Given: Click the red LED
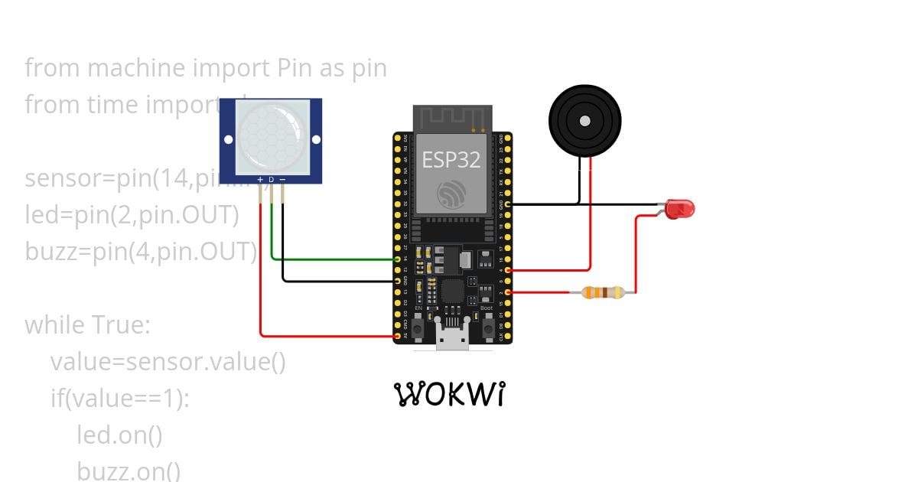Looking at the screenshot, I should tap(679, 208).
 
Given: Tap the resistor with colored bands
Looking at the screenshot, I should tap(603, 292).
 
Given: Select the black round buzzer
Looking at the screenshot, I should tap(584, 121).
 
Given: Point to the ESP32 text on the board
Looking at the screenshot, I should tap(451, 160).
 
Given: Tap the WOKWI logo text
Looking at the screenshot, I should tap(451, 394).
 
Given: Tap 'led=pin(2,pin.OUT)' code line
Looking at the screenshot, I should tap(132, 215).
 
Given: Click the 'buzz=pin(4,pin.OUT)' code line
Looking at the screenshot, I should tap(141, 251).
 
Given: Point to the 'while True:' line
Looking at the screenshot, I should tap(87, 324).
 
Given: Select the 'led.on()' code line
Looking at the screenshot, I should tap(119, 435).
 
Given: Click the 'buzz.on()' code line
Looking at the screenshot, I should tap(129, 470).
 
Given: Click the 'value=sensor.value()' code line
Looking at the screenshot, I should tap(168, 361).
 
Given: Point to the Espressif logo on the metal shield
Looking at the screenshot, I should tap(451, 194).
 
